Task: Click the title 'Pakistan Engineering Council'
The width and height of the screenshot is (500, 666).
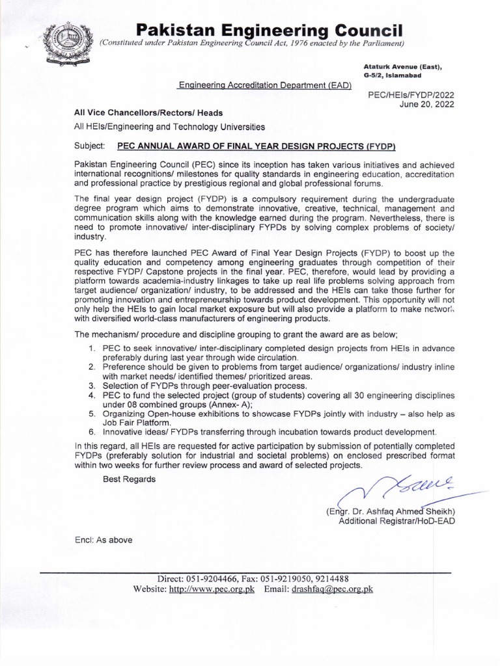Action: (269, 29)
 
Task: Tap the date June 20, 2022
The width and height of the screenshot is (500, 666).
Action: (430, 103)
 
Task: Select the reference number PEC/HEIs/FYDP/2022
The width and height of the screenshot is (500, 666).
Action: (411, 94)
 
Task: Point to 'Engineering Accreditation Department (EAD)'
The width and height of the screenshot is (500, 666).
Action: (265, 85)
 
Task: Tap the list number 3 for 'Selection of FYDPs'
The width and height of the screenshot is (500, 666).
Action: (92, 386)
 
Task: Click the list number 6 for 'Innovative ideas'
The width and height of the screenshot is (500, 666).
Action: (92, 431)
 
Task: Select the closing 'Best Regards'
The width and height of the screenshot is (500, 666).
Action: (130, 479)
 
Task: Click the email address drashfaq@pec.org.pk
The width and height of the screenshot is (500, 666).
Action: (333, 589)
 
